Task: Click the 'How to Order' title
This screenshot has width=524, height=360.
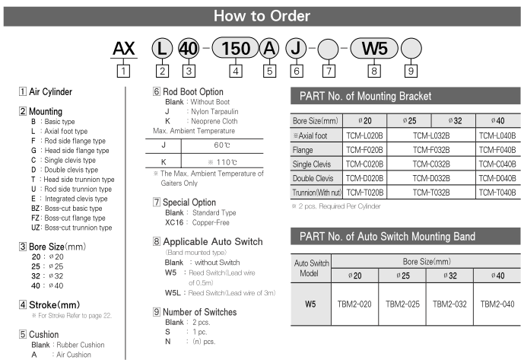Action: click(261, 15)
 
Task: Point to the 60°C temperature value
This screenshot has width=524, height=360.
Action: click(222, 145)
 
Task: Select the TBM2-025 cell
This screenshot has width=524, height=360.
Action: click(403, 303)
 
